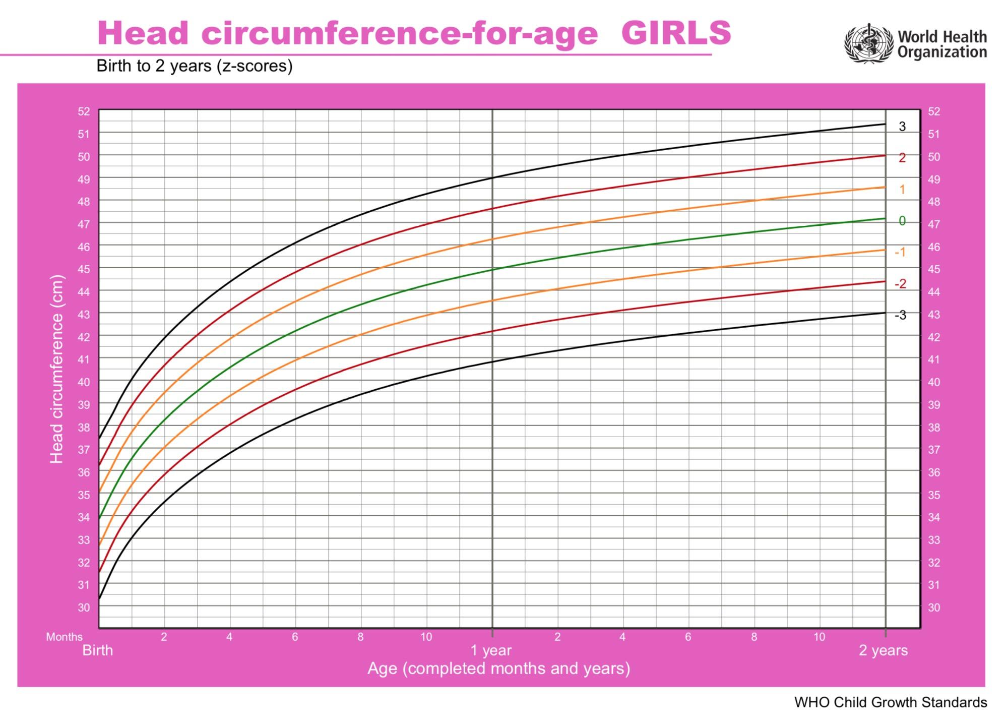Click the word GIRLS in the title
coord(675,33)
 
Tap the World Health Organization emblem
coord(868,43)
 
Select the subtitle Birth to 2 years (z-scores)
coord(195,66)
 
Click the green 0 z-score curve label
coord(902,221)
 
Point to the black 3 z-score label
coord(902,127)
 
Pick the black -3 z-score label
coord(900,315)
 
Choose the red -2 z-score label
coord(900,284)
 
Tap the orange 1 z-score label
coord(902,190)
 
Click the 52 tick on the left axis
coord(84,111)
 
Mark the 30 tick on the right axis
coord(934,608)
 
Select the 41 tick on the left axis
coord(84,359)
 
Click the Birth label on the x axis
coord(98,650)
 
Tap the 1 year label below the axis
coord(491,650)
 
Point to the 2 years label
coord(883,650)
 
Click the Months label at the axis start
coord(64,637)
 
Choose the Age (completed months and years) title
coord(498,669)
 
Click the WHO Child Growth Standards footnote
coord(890,702)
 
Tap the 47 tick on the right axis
coord(934,224)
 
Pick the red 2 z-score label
coord(902,158)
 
